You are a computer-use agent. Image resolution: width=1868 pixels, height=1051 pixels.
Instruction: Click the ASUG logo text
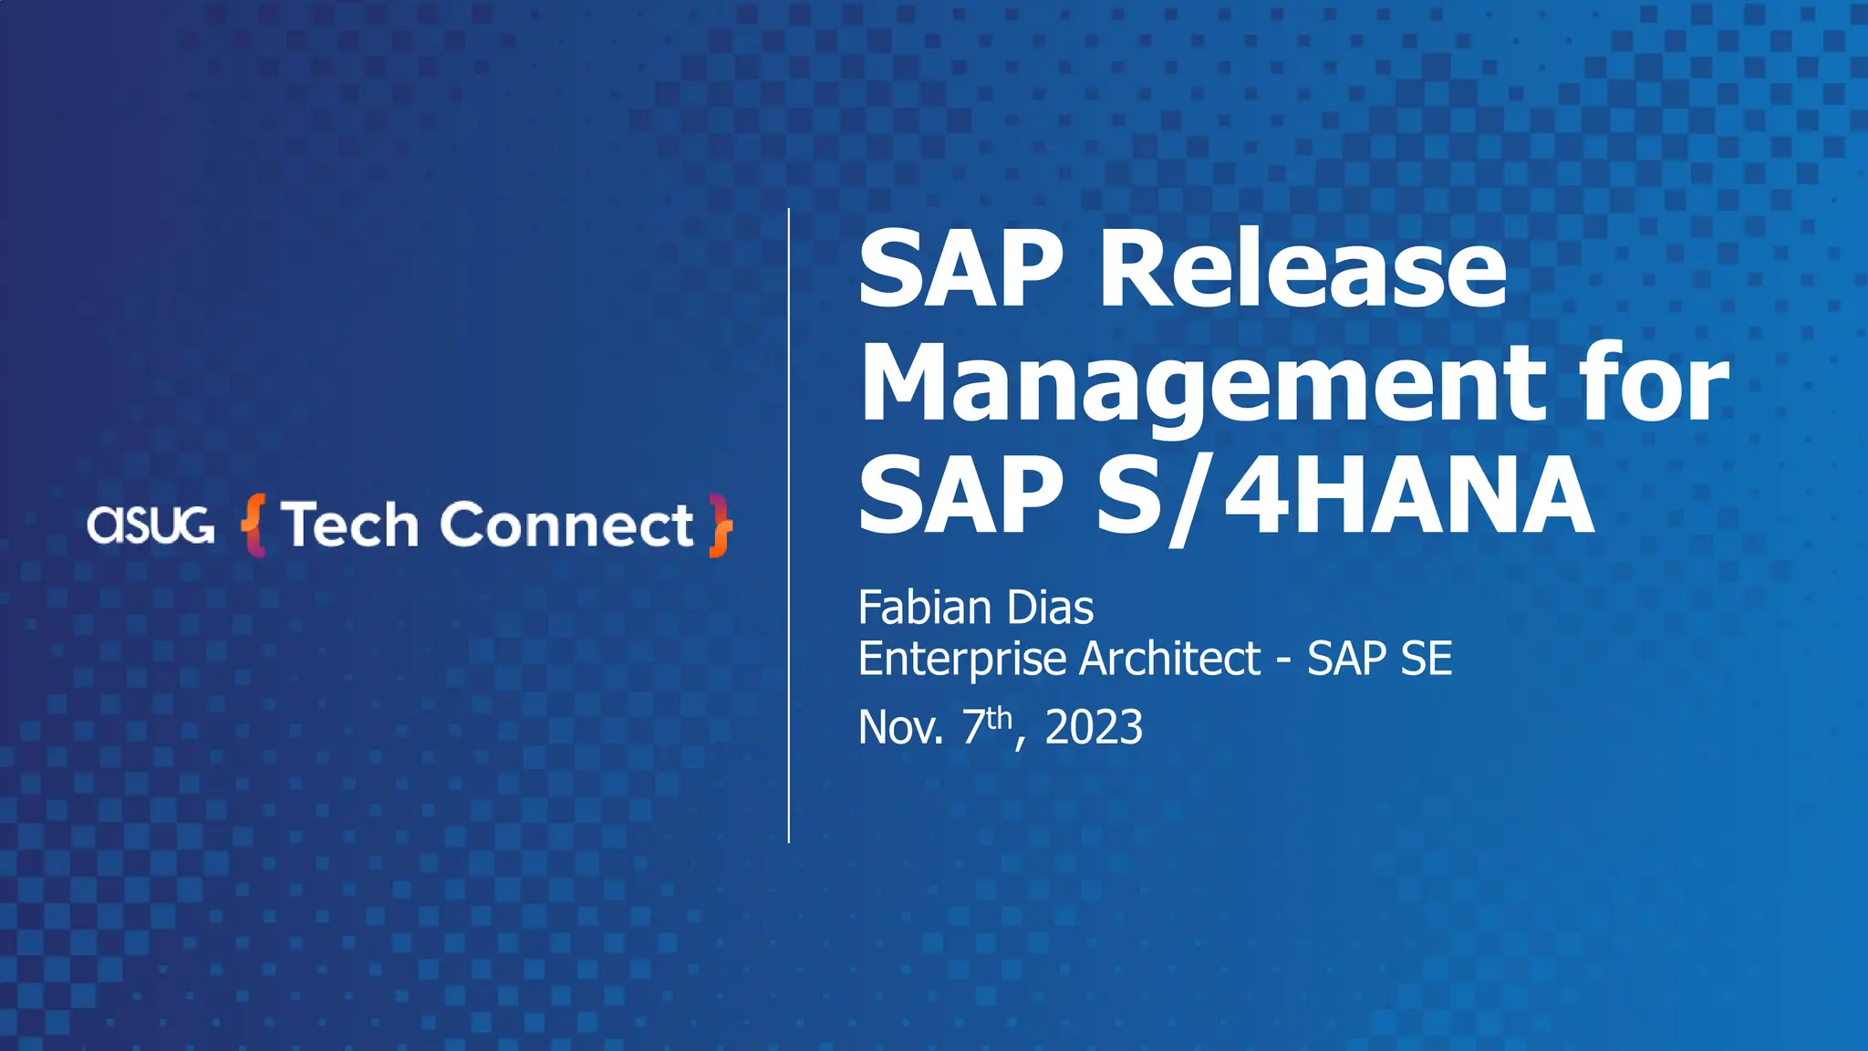(150, 525)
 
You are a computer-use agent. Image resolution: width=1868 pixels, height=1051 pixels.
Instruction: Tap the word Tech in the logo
(349, 525)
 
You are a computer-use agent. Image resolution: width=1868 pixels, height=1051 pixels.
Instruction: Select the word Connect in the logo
(566, 525)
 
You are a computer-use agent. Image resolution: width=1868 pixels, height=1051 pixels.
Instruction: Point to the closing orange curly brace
(721, 525)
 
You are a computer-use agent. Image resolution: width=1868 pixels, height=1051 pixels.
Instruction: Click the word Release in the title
(1302, 270)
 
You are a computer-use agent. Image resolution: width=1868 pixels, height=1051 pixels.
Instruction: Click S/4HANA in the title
(1345, 496)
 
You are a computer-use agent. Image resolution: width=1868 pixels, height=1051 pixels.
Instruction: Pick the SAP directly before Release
(961, 270)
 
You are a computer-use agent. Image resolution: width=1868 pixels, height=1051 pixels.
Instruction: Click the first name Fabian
(925, 608)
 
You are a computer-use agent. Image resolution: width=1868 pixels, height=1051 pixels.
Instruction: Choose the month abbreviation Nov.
(901, 728)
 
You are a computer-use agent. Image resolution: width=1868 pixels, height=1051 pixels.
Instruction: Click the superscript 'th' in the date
(1000, 717)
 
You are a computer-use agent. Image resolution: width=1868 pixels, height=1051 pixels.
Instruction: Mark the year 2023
(1094, 728)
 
